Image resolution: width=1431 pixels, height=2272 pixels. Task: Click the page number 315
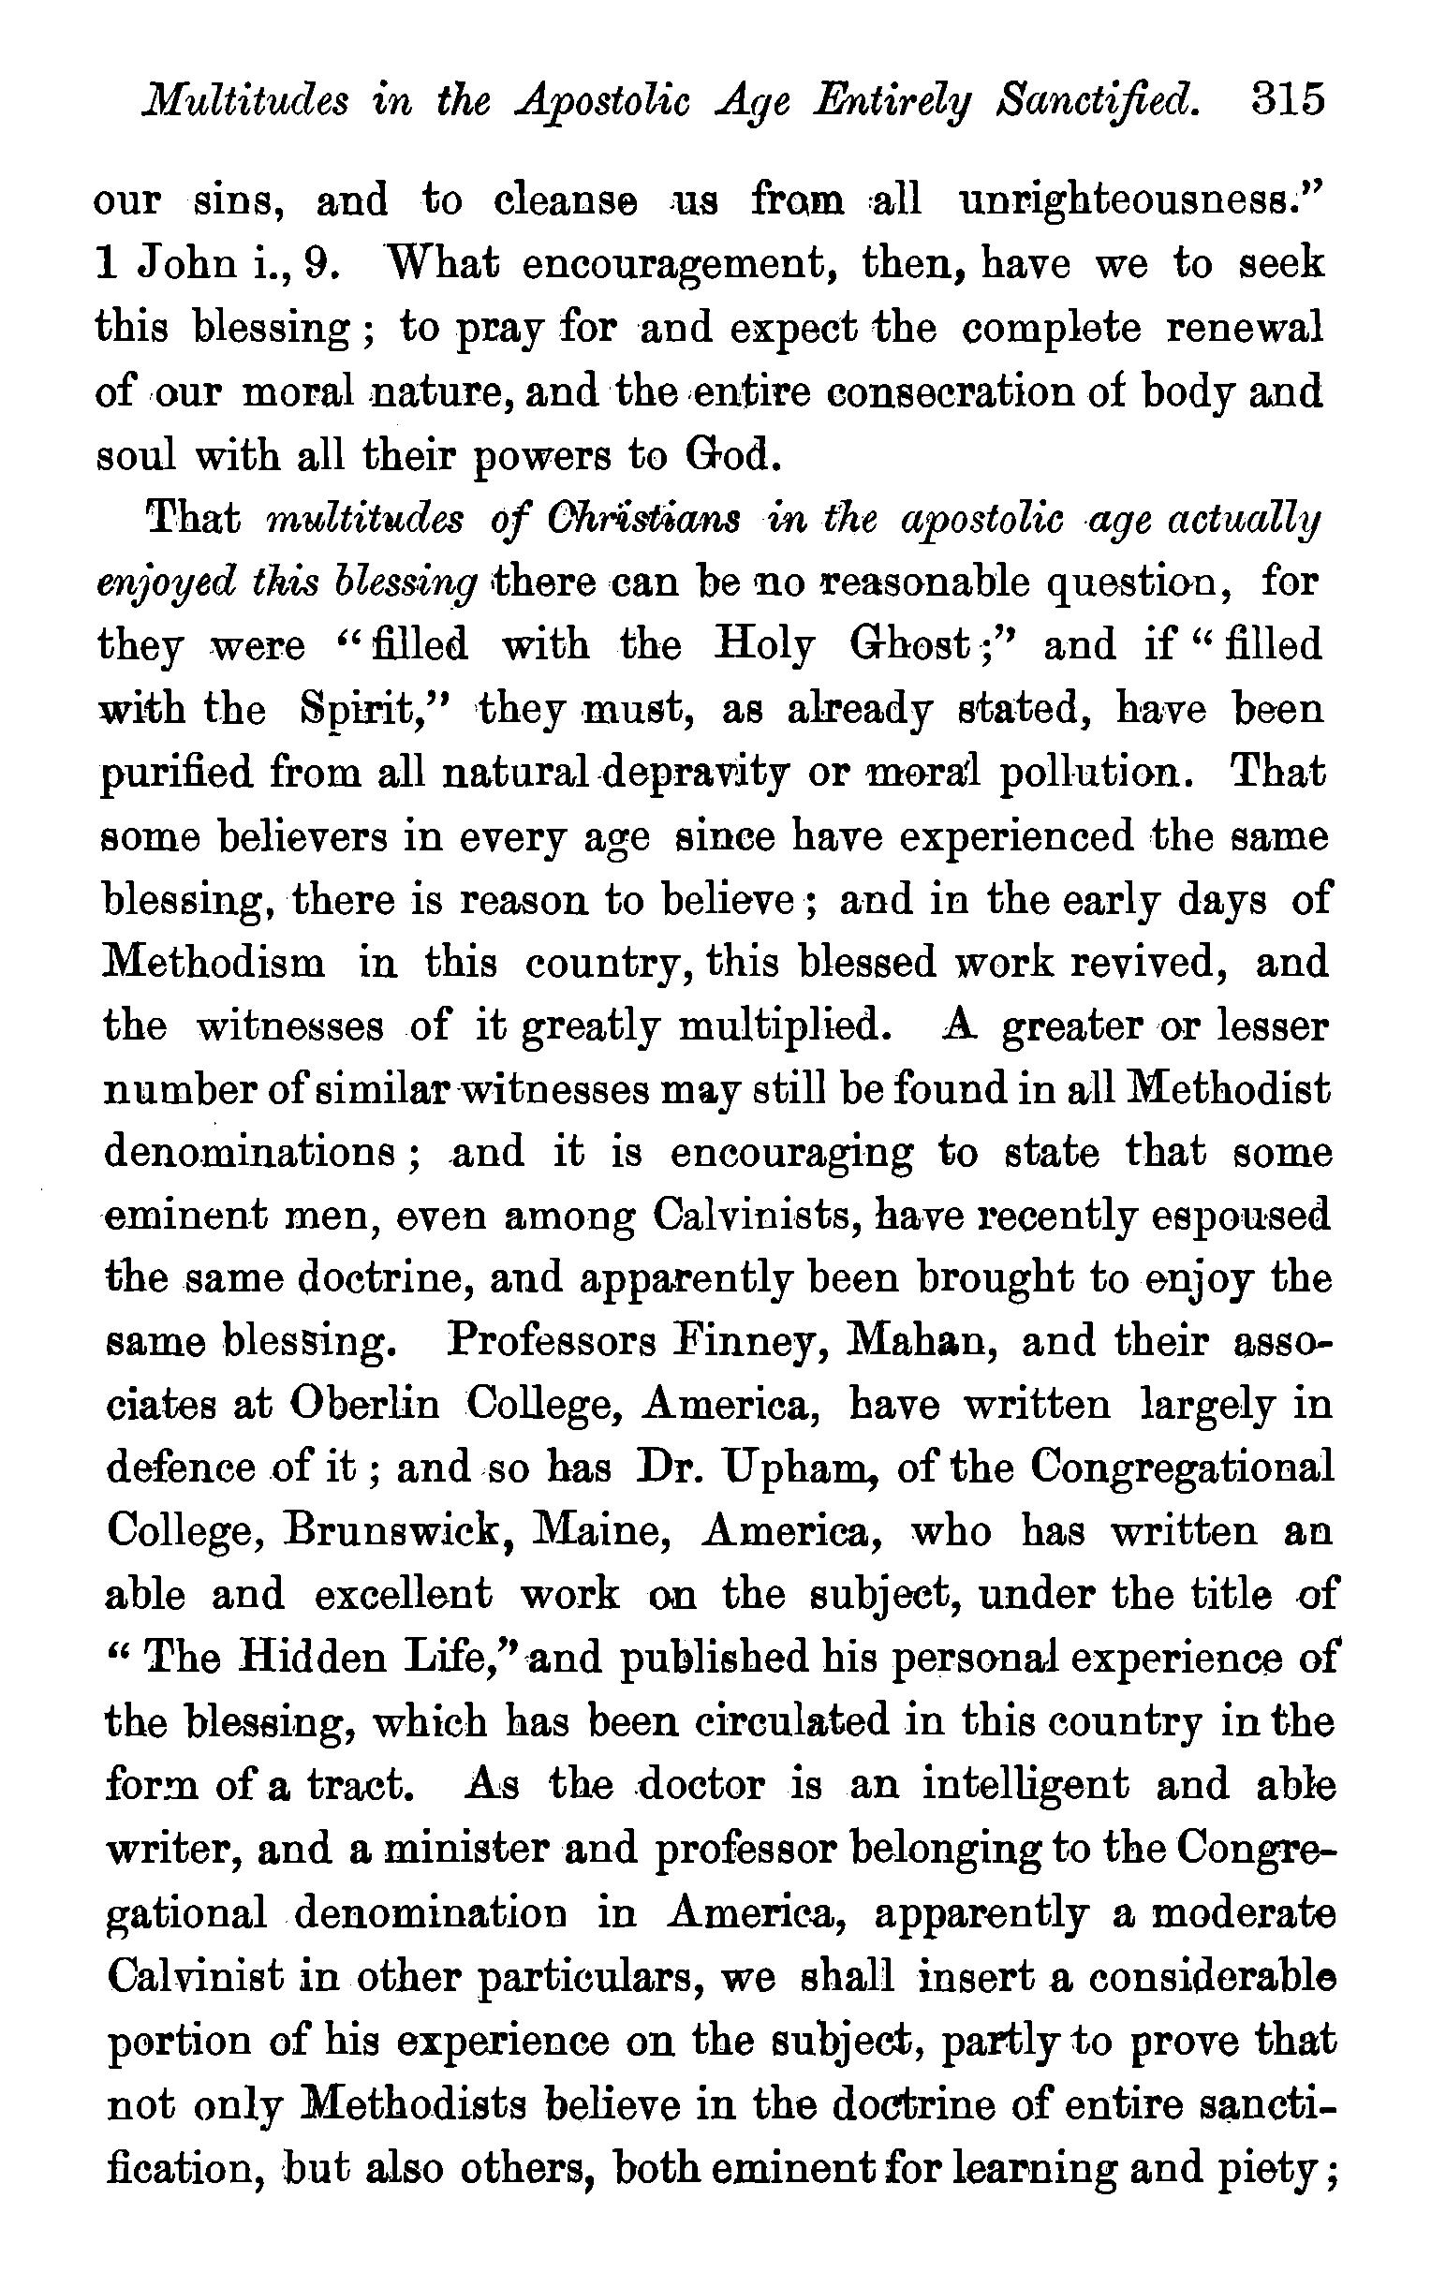click(1288, 99)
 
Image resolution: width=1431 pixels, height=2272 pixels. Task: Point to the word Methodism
click(213, 964)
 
